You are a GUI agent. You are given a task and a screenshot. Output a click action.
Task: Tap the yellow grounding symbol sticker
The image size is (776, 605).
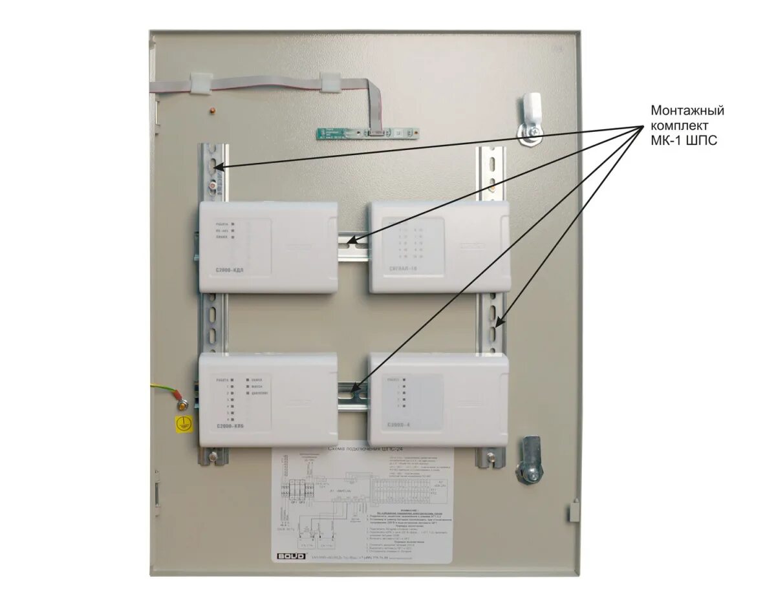(x=184, y=424)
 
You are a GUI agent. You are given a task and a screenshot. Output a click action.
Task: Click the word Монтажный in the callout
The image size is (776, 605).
(x=687, y=111)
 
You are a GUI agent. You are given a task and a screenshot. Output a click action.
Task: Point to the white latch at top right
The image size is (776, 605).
(x=531, y=110)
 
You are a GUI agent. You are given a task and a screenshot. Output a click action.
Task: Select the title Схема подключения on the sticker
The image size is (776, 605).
(x=360, y=448)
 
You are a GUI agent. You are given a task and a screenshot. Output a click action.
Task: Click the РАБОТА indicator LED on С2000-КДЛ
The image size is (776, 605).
(x=233, y=224)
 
